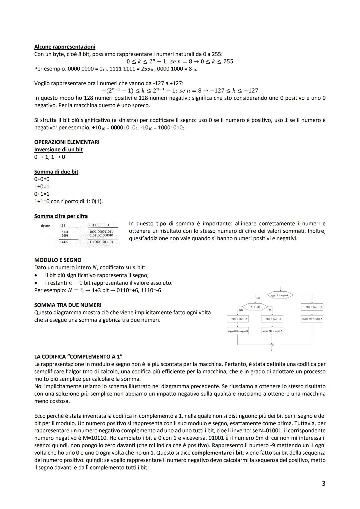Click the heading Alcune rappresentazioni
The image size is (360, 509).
pyautogui.click(x=65, y=47)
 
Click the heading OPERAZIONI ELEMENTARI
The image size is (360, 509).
pyautogui.click(x=67, y=142)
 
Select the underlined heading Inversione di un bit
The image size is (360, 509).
pyautogui.click(x=58, y=149)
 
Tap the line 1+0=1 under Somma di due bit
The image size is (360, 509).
pyautogui.click(x=42, y=186)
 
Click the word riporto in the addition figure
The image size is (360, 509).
pyautogui.click(x=45, y=226)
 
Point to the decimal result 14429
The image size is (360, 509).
pyautogui.click(x=64, y=242)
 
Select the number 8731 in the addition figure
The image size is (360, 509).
pyautogui.click(x=65, y=231)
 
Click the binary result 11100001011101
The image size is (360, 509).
pyautogui.click(x=101, y=242)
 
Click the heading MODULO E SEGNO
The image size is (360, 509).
pyautogui.click(x=58, y=260)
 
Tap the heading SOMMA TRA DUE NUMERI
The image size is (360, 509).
pyautogui.click(x=68, y=305)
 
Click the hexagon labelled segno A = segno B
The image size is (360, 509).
pyautogui.click(x=280, y=295)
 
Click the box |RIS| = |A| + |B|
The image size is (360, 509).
pyautogui.click(x=312, y=307)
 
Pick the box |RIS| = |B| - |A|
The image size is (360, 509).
pyautogui.click(x=238, y=319)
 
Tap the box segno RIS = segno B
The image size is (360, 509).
pyautogui.click(x=238, y=331)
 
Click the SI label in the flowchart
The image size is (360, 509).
pyautogui.click(x=270, y=310)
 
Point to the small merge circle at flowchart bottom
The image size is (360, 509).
pyautogui.click(x=272, y=345)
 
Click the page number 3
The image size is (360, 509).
pyautogui.click(x=323, y=484)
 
